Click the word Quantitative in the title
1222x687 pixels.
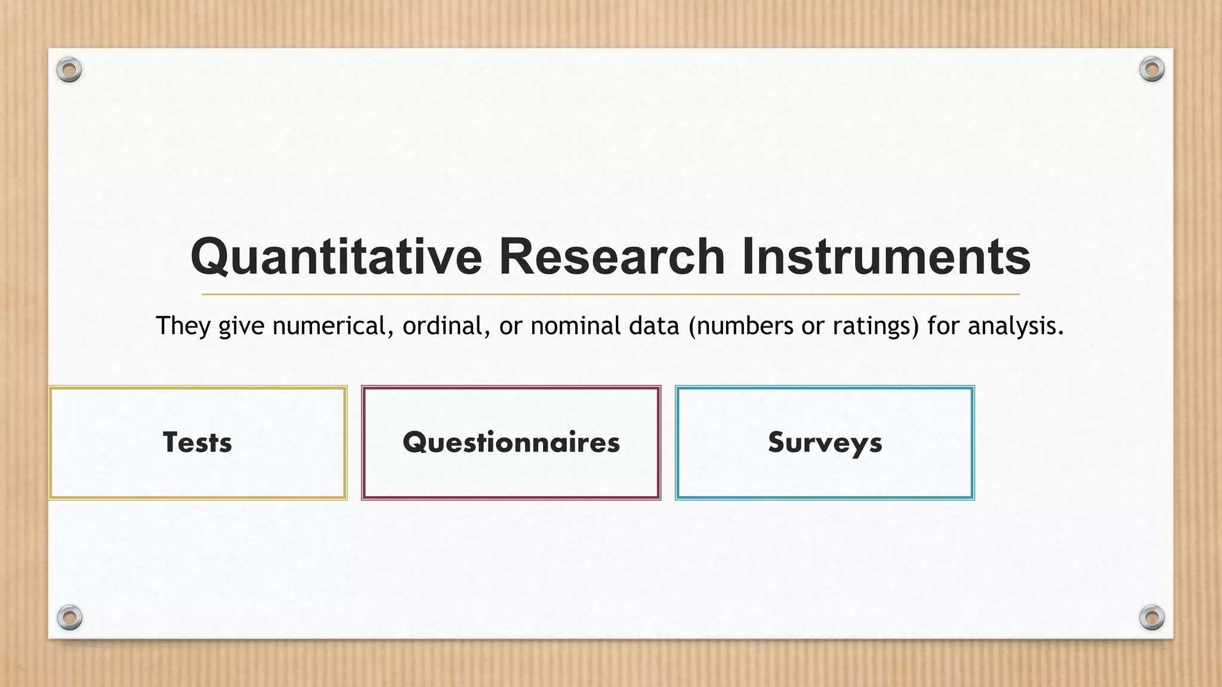pos(335,258)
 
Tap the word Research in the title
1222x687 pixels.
pos(611,256)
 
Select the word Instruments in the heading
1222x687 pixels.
pos(885,256)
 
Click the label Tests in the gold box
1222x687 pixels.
pos(198,442)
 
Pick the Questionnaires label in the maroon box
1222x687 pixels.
pos(511,442)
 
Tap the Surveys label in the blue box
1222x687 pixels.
pos(825,442)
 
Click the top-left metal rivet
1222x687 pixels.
pos(69,70)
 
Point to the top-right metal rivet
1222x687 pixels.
pos(1152,69)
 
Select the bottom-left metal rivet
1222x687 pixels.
pos(69,617)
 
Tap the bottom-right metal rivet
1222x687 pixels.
pos(1152,617)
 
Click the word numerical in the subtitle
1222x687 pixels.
pos(332,326)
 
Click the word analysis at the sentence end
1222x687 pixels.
pos(1016,326)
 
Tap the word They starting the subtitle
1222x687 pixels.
pos(183,326)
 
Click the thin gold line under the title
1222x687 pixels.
pos(610,295)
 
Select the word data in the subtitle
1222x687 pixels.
pos(654,326)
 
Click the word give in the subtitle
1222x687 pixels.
pos(241,326)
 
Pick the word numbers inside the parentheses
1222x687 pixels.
pos(740,326)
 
